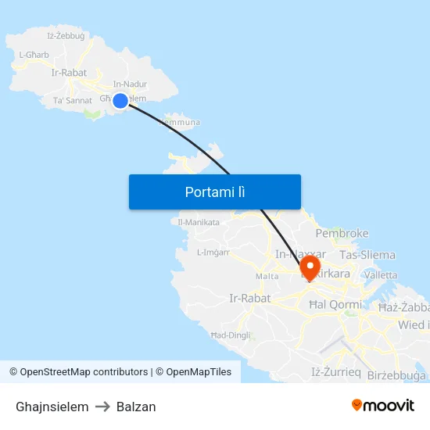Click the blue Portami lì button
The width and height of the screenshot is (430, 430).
pos(215,192)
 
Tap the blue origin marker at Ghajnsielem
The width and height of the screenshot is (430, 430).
pos(120,100)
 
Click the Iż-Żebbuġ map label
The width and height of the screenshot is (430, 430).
pos(66,35)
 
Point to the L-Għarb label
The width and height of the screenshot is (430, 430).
pos(34,55)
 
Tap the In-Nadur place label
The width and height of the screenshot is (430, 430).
pos(130,84)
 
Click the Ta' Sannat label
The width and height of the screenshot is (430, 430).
pos(72,101)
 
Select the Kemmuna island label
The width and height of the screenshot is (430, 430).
pos(181,123)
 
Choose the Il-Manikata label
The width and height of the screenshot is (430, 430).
pos(199,223)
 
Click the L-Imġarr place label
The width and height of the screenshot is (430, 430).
pos(213,253)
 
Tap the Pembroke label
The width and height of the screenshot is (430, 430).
pos(342,233)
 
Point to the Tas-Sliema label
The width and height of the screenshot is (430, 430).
pos(367,255)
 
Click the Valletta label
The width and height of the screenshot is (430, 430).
pos(381,275)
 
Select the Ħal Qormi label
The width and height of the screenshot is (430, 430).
pos(335,304)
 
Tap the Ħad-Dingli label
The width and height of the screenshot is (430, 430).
pos(230,335)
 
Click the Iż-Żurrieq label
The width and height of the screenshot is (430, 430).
pos(336,372)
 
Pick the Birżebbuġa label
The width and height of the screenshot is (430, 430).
pos(396,375)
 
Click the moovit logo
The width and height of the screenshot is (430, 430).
pos(382,406)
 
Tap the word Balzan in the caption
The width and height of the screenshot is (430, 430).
pos(136,407)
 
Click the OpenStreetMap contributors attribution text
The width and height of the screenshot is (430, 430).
pos(84,372)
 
